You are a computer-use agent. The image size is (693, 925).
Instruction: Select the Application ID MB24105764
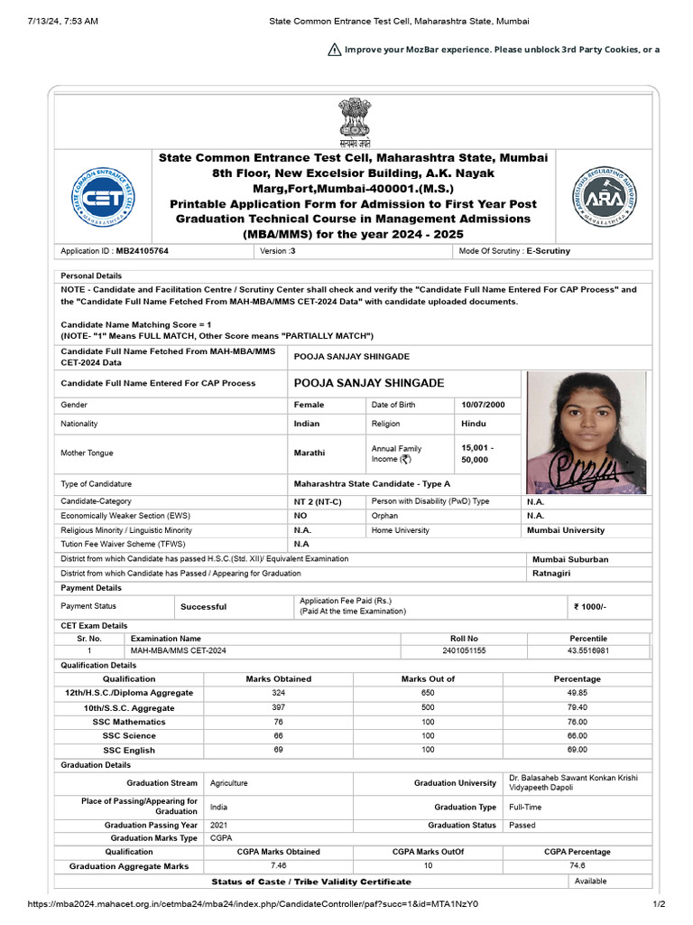(143, 251)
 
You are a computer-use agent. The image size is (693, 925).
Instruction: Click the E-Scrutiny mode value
(548, 251)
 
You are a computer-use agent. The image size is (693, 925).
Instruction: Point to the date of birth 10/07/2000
(484, 405)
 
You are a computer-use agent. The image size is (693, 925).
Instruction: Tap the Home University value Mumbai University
(566, 530)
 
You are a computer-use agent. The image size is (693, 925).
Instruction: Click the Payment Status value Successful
(203, 607)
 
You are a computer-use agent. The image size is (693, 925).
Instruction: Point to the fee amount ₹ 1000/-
(590, 607)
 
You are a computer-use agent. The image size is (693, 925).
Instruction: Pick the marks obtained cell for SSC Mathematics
(279, 722)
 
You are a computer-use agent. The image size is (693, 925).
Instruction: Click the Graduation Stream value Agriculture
(228, 783)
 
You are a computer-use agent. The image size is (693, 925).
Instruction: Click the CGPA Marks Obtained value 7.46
(279, 865)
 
